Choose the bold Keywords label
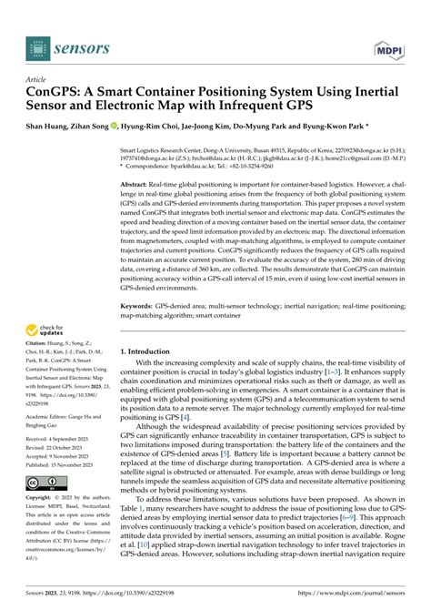139,308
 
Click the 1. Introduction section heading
151,350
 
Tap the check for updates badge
45,332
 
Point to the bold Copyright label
39,499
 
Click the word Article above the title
36,79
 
